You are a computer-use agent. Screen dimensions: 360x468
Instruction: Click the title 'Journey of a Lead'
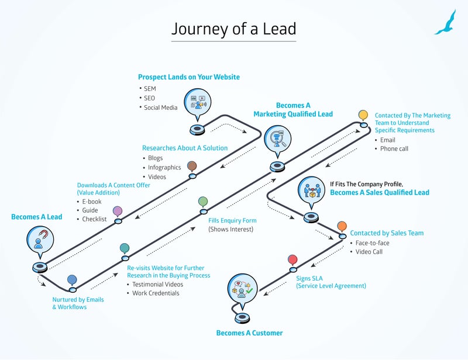(233, 29)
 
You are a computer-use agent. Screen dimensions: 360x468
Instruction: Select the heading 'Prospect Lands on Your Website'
(188, 77)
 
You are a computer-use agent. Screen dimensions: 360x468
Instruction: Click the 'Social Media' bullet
(160, 108)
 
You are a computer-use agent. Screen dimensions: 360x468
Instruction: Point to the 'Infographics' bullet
(164, 168)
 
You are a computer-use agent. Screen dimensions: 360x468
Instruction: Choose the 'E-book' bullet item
(92, 202)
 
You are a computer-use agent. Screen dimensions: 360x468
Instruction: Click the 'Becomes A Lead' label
(36, 217)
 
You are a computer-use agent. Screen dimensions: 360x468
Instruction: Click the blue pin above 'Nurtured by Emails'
(72, 280)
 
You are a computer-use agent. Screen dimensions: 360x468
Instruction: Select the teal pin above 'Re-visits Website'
(125, 249)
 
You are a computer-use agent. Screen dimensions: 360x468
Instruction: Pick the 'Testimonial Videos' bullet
(157, 285)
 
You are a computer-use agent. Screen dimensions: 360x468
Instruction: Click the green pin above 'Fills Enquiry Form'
(203, 202)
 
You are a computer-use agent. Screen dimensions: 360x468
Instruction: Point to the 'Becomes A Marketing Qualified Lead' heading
(292, 110)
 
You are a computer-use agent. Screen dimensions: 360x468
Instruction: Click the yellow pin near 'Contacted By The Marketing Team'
(363, 115)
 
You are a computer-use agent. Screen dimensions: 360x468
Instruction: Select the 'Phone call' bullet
(394, 148)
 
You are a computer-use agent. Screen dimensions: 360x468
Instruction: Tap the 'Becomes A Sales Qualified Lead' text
(379, 192)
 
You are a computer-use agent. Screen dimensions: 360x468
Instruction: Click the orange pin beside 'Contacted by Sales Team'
(342, 226)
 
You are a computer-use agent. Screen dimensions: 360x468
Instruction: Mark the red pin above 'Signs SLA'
(292, 259)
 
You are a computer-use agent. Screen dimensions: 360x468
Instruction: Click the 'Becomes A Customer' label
(249, 333)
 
